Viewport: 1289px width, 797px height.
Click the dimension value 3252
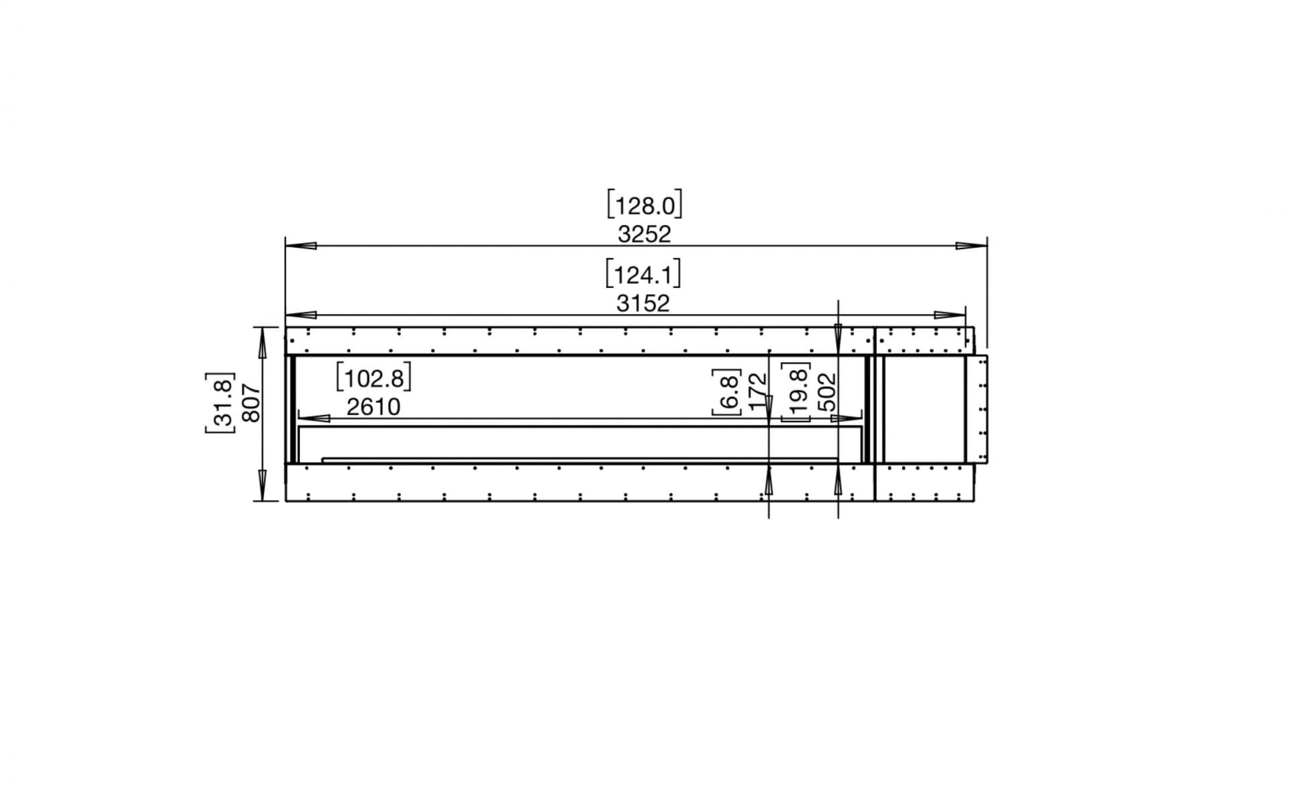[644, 234]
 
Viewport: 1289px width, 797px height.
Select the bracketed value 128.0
[644, 205]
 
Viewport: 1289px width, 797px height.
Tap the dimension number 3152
[643, 304]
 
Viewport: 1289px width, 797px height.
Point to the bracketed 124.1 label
[643, 275]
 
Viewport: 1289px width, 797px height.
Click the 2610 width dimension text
[373, 407]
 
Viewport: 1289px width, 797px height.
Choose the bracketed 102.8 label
[373, 379]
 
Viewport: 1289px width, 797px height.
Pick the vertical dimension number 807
[250, 402]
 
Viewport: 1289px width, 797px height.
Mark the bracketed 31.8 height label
[220, 402]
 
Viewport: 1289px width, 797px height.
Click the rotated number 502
[827, 391]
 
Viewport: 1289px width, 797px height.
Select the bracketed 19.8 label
[798, 391]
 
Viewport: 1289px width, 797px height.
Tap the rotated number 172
[757, 391]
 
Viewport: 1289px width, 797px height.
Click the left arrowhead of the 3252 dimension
[301, 246]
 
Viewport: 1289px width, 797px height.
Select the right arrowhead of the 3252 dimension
[972, 246]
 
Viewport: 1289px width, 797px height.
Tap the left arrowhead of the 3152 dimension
[301, 315]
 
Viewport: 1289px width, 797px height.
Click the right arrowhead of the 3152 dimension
[950, 315]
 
